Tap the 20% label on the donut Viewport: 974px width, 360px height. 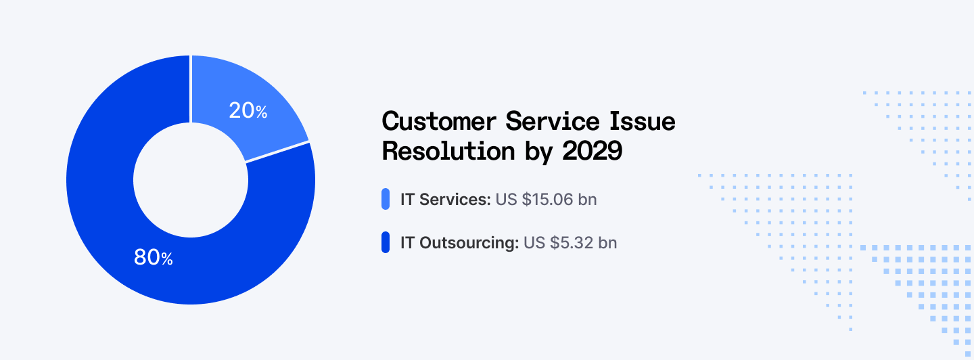[x=248, y=111]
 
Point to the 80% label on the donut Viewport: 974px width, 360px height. [x=154, y=257]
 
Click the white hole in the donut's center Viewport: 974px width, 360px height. [x=191, y=179]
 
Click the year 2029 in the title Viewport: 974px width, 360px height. [x=592, y=152]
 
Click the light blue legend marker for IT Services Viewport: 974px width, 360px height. [x=386, y=200]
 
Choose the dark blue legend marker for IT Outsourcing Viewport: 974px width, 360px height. [x=386, y=242]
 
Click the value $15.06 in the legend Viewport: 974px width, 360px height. [x=547, y=200]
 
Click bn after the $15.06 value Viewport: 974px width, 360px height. [x=588, y=200]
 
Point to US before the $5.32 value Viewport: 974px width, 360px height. [x=534, y=242]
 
